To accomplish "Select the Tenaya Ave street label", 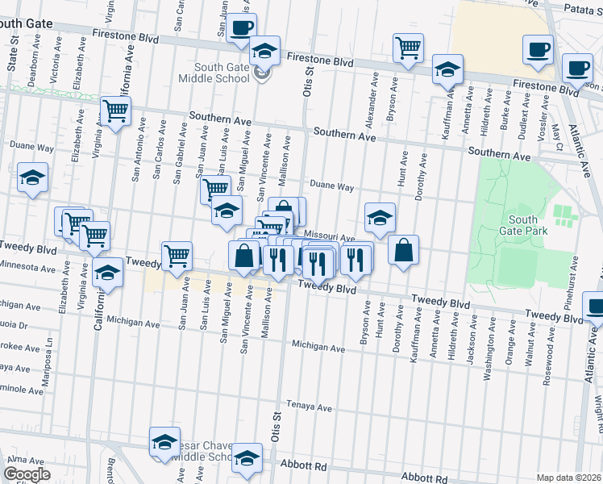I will coord(310,408).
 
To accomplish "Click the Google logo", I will coord(27,474).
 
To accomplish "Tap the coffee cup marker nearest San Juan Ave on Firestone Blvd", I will coord(241,29).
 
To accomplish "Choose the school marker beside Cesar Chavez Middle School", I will coord(164,442).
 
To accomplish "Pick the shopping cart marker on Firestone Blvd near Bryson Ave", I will coord(409,48).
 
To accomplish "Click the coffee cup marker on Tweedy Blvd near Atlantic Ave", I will coord(595,308).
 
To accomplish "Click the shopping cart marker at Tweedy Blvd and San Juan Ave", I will coord(177,256).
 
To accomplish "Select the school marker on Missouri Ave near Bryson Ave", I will coord(380,217).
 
